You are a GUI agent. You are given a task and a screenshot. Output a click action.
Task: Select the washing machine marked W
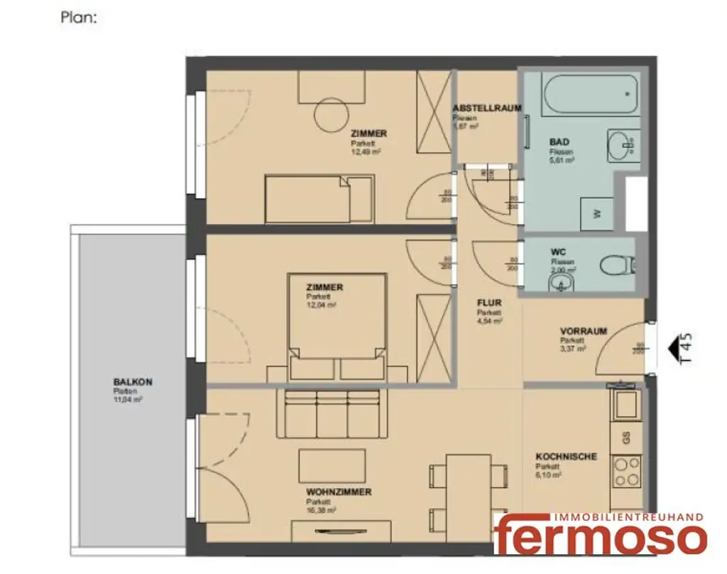point(596,213)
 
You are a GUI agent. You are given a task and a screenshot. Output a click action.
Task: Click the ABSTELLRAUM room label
point(487,108)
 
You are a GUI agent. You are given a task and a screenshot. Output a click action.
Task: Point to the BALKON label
point(132,382)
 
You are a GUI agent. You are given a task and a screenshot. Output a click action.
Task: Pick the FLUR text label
point(489,302)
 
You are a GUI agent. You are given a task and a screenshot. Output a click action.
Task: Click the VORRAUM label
point(583,331)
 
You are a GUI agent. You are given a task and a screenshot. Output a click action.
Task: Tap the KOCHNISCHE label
point(566,457)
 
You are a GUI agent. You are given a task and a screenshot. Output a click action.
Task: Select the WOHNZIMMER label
point(339,492)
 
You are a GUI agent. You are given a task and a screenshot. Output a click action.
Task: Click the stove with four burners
point(626,471)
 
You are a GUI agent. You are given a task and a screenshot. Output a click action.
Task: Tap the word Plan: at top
point(78,18)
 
